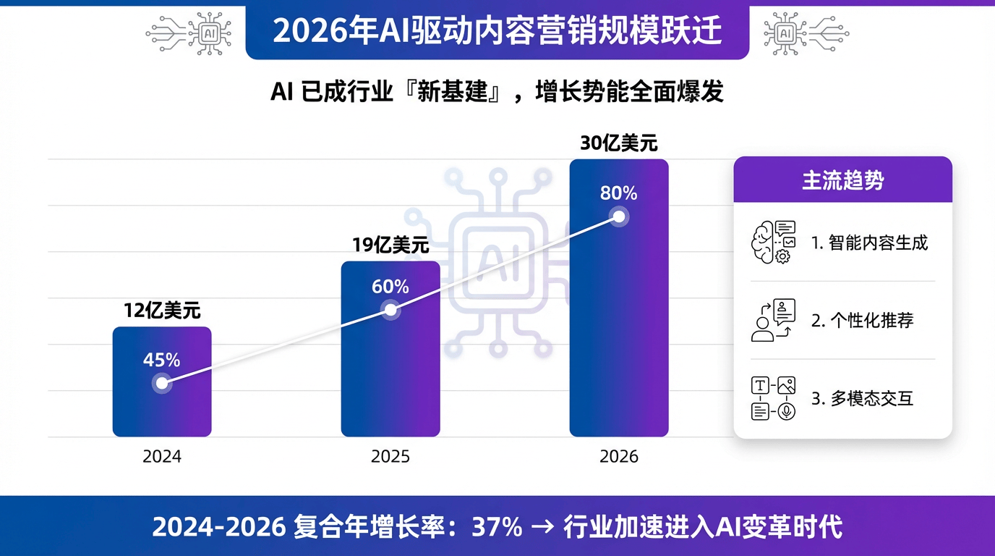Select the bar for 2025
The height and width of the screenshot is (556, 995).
(x=390, y=362)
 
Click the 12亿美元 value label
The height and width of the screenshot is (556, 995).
(x=162, y=311)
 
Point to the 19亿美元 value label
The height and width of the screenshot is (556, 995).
(x=390, y=245)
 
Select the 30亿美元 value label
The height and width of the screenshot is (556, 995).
(x=619, y=143)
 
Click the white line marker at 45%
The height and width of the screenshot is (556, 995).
(x=162, y=383)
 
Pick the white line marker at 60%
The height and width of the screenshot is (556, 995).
(x=390, y=311)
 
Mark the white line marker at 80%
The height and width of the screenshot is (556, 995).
(x=618, y=216)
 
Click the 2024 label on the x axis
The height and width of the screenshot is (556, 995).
(x=162, y=457)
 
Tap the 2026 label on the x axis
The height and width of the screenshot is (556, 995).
(x=619, y=457)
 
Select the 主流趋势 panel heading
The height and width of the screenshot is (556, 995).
(x=842, y=180)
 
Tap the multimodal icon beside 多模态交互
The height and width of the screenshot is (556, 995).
(x=773, y=398)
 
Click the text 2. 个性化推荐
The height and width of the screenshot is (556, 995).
(x=862, y=321)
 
